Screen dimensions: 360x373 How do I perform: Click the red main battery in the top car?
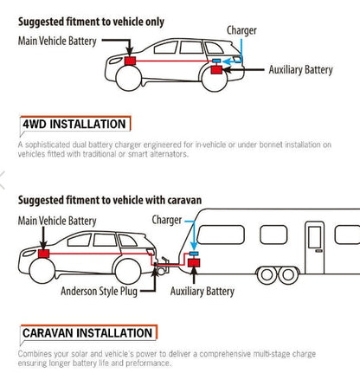[130, 61]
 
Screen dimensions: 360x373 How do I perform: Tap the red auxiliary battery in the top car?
[216, 70]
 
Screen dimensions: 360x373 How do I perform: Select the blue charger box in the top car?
[216, 61]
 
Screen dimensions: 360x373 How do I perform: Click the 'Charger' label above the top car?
[241, 30]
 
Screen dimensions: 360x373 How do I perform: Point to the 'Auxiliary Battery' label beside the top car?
[300, 70]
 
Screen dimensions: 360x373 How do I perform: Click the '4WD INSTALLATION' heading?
[74, 124]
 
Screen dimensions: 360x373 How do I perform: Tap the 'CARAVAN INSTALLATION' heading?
[87, 333]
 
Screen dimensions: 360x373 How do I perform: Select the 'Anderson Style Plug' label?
[99, 291]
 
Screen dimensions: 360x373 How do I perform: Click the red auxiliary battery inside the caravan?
[194, 263]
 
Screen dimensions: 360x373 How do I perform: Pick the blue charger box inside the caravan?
[194, 254]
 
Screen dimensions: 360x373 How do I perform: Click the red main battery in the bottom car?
[43, 254]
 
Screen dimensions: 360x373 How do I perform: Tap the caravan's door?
[315, 248]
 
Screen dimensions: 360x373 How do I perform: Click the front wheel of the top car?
[128, 78]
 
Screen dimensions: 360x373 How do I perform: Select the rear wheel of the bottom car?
[128, 271]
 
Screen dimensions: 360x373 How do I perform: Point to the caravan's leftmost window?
[221, 235]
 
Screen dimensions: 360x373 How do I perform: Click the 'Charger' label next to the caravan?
[167, 220]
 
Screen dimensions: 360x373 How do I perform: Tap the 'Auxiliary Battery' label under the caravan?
[202, 291]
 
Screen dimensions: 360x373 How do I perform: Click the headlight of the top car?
[115, 61]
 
